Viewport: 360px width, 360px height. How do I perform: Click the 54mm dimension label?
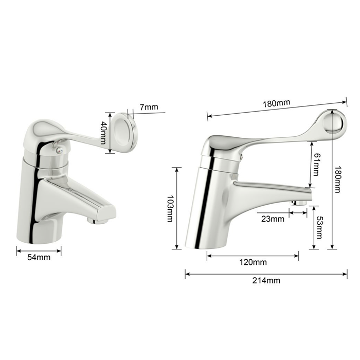(x=39, y=257)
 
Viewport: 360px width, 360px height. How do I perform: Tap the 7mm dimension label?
(x=149, y=107)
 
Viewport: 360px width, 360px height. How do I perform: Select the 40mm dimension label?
(x=103, y=133)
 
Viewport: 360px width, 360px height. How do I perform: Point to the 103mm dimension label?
(x=170, y=209)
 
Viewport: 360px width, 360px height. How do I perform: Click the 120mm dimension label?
(x=253, y=262)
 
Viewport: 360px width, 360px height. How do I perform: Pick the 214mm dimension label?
(x=266, y=280)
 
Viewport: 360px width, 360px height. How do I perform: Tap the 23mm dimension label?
(x=273, y=219)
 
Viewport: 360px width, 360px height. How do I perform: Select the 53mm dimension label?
(x=319, y=228)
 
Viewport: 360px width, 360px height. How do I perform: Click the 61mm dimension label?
(x=316, y=165)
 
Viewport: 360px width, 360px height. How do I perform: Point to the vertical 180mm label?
(x=337, y=179)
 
